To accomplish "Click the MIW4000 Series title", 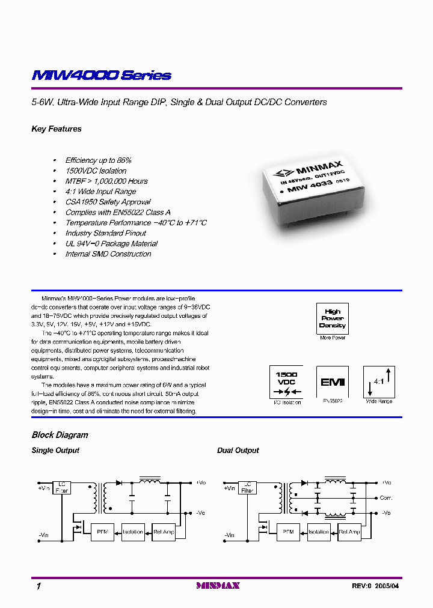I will coord(102,76).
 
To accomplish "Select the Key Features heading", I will coord(57,129).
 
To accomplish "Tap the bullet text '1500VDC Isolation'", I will coord(96,171).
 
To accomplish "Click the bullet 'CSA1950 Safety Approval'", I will coord(108,202).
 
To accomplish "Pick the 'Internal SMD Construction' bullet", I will coord(108,254).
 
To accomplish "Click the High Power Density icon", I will coord(332,318).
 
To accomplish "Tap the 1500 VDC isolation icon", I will coord(286,382).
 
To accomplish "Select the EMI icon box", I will coord(332,382).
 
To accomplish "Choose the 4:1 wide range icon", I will coord(379,382).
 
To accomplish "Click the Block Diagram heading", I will coord(60,435).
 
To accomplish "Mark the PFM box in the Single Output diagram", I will coord(102,532).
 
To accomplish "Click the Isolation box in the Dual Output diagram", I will coord(318,532).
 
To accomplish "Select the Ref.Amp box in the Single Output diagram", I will coord(164,532).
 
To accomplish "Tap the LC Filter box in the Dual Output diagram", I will coord(247,487).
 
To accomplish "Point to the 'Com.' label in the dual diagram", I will coord(385,498).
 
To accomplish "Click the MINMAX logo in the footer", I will coord(218,586).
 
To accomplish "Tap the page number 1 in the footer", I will coord(38,586).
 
